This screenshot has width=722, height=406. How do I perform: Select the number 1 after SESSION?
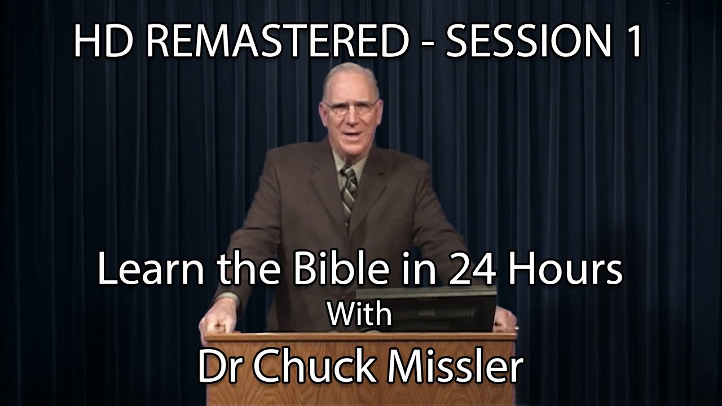click(x=632, y=42)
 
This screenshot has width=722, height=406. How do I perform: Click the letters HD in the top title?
click(x=103, y=42)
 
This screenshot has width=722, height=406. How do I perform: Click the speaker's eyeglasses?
click(x=351, y=108)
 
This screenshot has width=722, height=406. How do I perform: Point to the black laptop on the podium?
click(x=426, y=308)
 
